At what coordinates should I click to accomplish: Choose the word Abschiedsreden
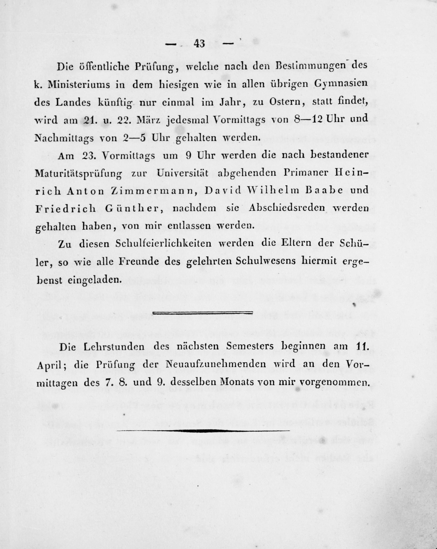[x=287, y=208]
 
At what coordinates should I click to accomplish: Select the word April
[x=49, y=365]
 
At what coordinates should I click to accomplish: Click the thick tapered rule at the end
[x=203, y=431]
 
